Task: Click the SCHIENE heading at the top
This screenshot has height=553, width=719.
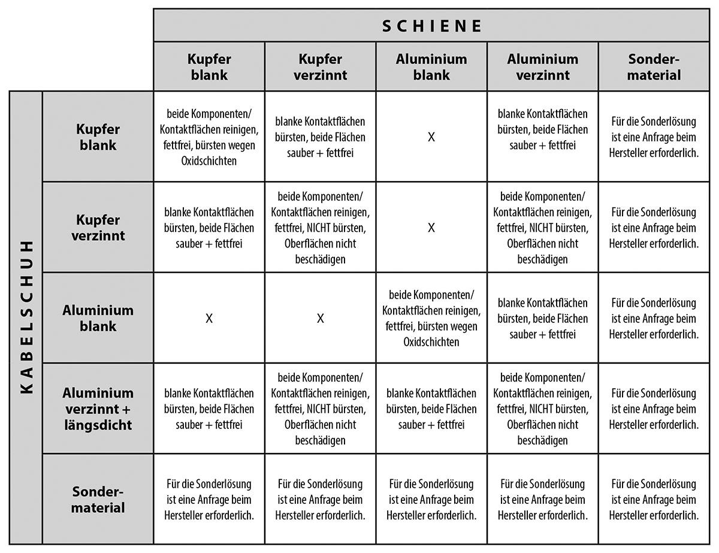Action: point(431,26)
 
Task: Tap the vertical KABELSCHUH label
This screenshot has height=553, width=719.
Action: point(26,318)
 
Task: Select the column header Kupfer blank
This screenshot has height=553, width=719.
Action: point(209,67)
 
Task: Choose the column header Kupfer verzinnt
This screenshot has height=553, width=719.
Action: point(320,67)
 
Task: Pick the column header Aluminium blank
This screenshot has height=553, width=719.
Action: point(431,67)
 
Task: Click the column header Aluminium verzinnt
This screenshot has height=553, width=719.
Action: point(543,67)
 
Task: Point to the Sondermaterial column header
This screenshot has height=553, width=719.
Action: point(654,67)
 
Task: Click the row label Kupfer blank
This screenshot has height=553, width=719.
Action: point(98,137)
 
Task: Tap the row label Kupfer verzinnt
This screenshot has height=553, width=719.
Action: point(98,228)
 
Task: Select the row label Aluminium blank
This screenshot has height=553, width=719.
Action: point(98,318)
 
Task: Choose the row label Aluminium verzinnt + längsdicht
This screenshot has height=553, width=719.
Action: point(98,409)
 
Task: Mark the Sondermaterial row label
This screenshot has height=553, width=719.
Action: point(98,500)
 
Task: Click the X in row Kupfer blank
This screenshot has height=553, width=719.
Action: point(431,137)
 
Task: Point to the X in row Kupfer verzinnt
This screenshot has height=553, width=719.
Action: point(431,228)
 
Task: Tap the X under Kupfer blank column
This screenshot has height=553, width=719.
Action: point(209,318)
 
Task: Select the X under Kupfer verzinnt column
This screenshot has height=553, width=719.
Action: point(321,318)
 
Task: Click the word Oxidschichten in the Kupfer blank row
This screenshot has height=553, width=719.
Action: point(209,161)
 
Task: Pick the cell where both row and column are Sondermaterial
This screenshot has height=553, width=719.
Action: point(654,500)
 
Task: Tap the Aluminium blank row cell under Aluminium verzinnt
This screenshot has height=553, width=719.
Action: point(543,318)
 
